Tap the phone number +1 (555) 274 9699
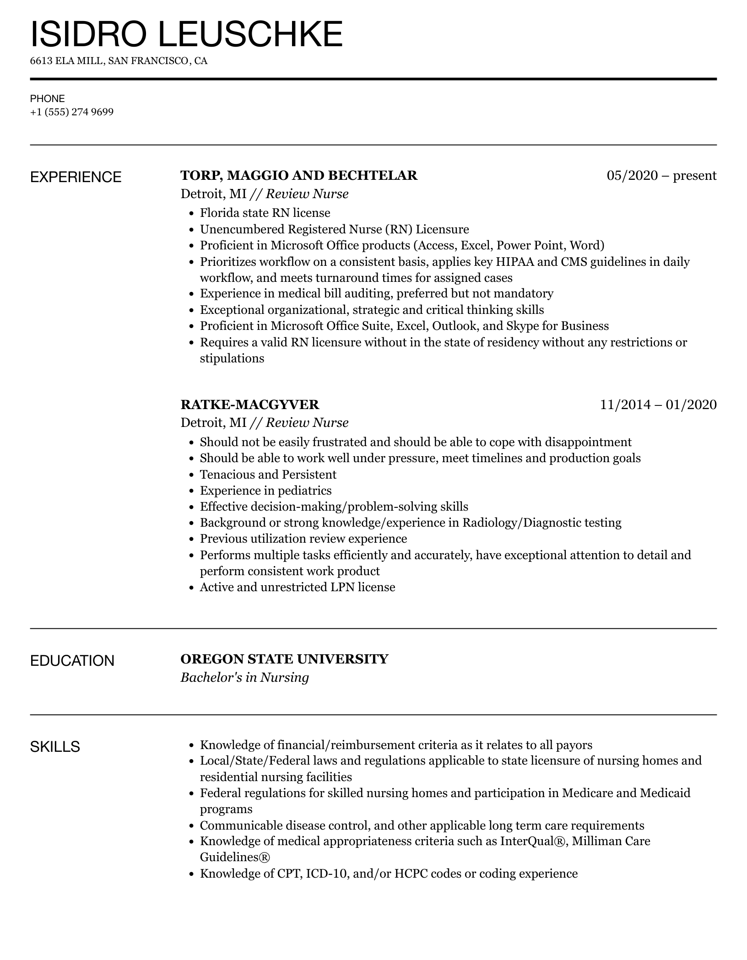(x=72, y=112)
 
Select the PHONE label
(x=48, y=98)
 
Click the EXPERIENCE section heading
(x=76, y=177)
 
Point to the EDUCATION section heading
(x=72, y=661)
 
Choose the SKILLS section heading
(x=55, y=747)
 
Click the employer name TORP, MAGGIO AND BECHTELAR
(x=299, y=176)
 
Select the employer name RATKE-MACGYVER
(x=250, y=404)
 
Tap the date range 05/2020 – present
(x=661, y=176)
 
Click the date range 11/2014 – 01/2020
(x=658, y=404)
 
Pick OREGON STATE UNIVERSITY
(x=284, y=659)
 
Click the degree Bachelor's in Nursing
(x=245, y=677)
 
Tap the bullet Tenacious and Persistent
(x=268, y=475)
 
